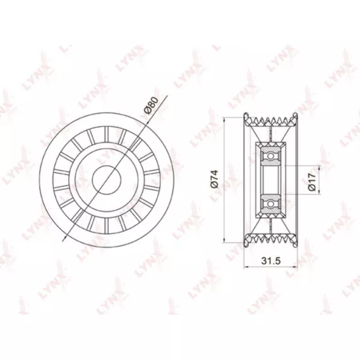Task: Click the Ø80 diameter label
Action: pos(152,105)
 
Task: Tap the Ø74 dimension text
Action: pos(214,179)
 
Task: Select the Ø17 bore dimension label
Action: pos(312,182)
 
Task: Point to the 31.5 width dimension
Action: pos(271,261)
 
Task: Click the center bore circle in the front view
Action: pos(107,180)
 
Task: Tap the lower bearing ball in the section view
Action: pos(271,203)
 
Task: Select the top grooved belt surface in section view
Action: pos(271,120)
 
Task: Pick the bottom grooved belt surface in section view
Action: pos(271,240)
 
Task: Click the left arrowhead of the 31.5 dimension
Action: pos(246,267)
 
